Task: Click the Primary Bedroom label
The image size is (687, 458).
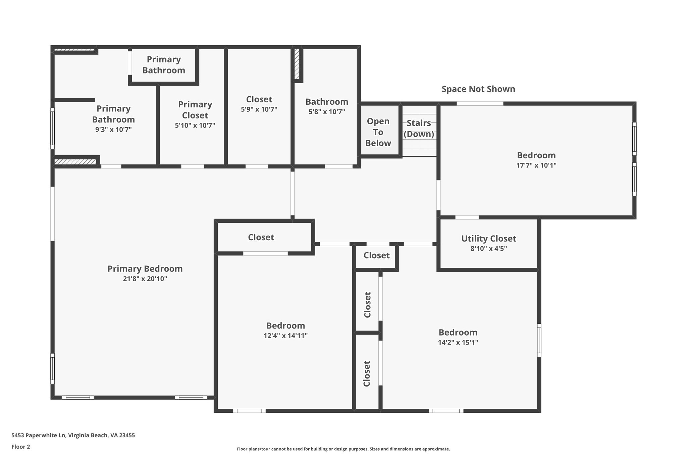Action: pyautogui.click(x=145, y=269)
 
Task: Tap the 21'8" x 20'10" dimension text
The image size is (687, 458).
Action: pyautogui.click(x=145, y=279)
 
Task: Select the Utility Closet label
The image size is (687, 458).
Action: pyautogui.click(x=488, y=239)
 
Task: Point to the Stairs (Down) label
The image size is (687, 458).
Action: pyautogui.click(x=419, y=129)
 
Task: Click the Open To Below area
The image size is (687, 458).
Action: pyautogui.click(x=378, y=132)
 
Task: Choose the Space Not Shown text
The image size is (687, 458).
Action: pyautogui.click(x=478, y=89)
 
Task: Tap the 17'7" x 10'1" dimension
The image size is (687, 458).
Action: pyautogui.click(x=536, y=165)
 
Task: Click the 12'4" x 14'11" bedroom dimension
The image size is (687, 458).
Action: pyautogui.click(x=285, y=336)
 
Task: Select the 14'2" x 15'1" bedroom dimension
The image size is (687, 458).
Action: pyautogui.click(x=458, y=342)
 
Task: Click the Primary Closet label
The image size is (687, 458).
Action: pyautogui.click(x=195, y=110)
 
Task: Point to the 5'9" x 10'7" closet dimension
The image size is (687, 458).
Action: pyautogui.click(x=259, y=109)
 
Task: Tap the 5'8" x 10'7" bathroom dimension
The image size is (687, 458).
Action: pyautogui.click(x=327, y=112)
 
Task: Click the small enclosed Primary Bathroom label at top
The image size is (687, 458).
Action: pyautogui.click(x=164, y=65)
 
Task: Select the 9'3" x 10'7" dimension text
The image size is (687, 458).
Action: pyautogui.click(x=113, y=130)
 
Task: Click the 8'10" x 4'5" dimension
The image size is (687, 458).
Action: pyautogui.click(x=488, y=249)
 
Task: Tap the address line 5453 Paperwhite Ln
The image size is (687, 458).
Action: pyautogui.click(x=73, y=435)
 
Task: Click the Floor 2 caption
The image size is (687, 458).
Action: pyautogui.click(x=21, y=447)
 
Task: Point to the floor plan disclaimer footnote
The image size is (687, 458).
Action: pyautogui.click(x=343, y=449)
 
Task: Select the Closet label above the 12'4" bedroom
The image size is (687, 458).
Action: pyautogui.click(x=261, y=237)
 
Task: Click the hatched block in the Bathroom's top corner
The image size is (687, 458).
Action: pyautogui.click(x=297, y=64)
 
